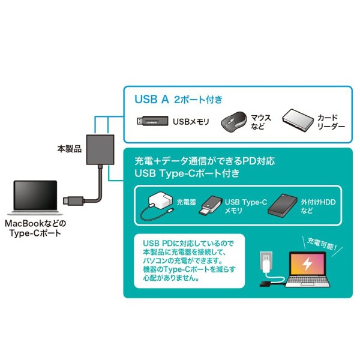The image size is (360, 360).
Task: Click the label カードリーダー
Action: [x=331, y=122]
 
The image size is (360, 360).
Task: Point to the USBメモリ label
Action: [x=191, y=122]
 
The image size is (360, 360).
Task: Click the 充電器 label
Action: [x=187, y=202]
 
